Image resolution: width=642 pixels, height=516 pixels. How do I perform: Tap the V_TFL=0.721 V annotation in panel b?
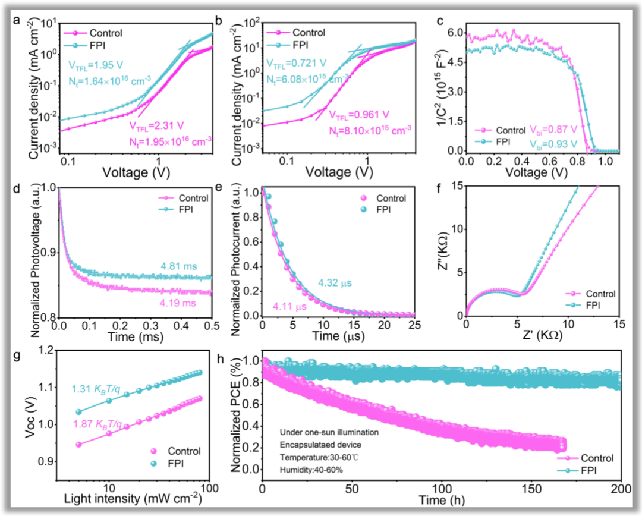[297, 62]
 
